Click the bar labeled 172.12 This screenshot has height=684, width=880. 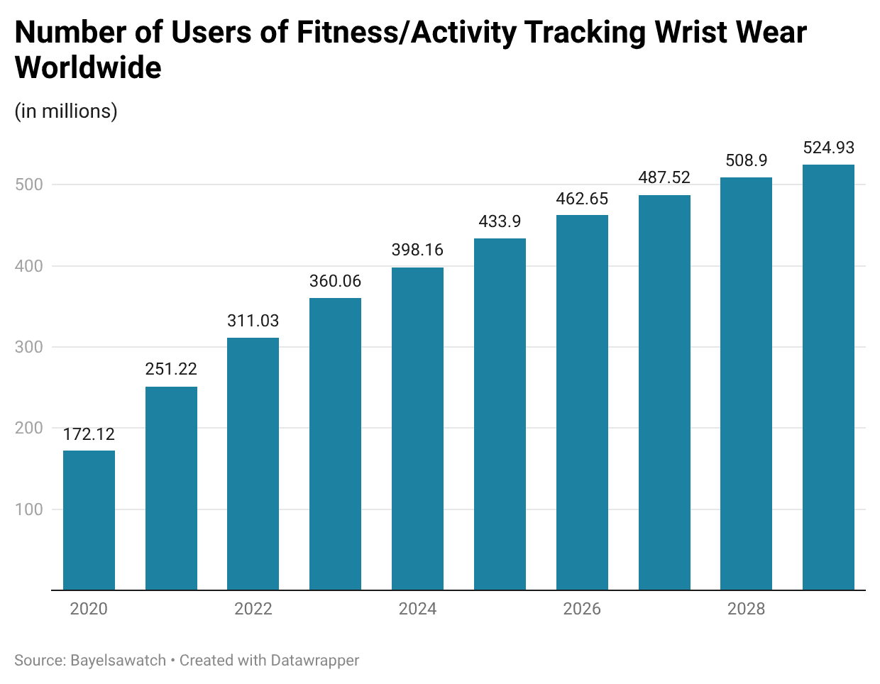(89, 520)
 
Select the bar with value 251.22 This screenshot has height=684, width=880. (171, 488)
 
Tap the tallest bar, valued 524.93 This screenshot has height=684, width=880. (828, 377)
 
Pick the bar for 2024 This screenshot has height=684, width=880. (417, 429)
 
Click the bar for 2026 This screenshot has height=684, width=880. (582, 402)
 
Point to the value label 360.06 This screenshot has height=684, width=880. (335, 281)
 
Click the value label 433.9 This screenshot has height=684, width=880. (500, 221)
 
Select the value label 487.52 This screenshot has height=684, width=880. (664, 177)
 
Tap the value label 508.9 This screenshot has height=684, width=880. (746, 160)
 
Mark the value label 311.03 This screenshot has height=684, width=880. (253, 321)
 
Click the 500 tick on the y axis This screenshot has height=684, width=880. (29, 184)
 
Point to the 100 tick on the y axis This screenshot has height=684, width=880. (29, 509)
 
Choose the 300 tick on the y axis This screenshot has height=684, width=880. (29, 347)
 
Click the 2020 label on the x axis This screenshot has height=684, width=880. (89, 609)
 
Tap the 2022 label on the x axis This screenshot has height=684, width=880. (253, 609)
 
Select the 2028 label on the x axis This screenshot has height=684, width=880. (746, 609)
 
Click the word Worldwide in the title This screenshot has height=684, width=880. (88, 68)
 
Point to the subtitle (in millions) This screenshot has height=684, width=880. (66, 111)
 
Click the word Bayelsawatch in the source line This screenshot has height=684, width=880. (118, 661)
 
